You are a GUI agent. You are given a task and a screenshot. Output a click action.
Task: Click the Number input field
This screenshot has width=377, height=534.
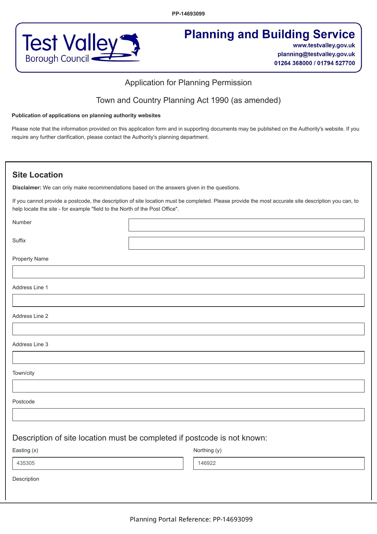coord(246,225)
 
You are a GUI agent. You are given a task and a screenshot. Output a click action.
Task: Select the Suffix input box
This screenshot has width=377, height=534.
coord(246,243)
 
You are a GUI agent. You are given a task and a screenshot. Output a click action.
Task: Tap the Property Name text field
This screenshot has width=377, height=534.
coord(188,272)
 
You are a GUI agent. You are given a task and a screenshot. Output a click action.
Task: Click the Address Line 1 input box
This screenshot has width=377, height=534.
coord(188,300)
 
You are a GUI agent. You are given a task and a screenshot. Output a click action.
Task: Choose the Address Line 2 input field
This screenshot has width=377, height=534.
coord(188,329)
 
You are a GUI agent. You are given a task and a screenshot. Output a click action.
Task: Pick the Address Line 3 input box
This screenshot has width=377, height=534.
coord(188,357)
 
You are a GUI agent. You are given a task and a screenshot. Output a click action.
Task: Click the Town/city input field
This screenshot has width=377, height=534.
coord(188,386)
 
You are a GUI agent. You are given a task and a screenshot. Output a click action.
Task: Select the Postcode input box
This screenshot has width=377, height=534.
coord(188,415)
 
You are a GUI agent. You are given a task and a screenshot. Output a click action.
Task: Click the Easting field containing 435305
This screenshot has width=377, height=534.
coord(98,463)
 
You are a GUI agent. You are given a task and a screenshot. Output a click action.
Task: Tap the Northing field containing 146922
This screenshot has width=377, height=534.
coord(278,463)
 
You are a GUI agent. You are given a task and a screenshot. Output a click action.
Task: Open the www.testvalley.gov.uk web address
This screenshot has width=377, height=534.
coord(324,45)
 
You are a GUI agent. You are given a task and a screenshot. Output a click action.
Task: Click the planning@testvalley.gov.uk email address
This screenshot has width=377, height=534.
coord(316,54)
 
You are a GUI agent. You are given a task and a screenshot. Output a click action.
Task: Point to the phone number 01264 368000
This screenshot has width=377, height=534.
coord(293,63)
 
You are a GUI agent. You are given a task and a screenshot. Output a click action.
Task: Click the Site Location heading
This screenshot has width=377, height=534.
coord(38,175)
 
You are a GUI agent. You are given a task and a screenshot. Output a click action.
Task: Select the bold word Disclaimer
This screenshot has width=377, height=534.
coord(26,188)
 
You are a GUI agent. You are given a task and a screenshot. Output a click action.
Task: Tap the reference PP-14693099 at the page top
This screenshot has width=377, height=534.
coord(188,14)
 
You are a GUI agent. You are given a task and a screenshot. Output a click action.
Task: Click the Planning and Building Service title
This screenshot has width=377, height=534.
coord(269,34)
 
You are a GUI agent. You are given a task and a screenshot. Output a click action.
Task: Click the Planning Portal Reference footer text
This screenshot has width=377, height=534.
coord(191,519)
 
